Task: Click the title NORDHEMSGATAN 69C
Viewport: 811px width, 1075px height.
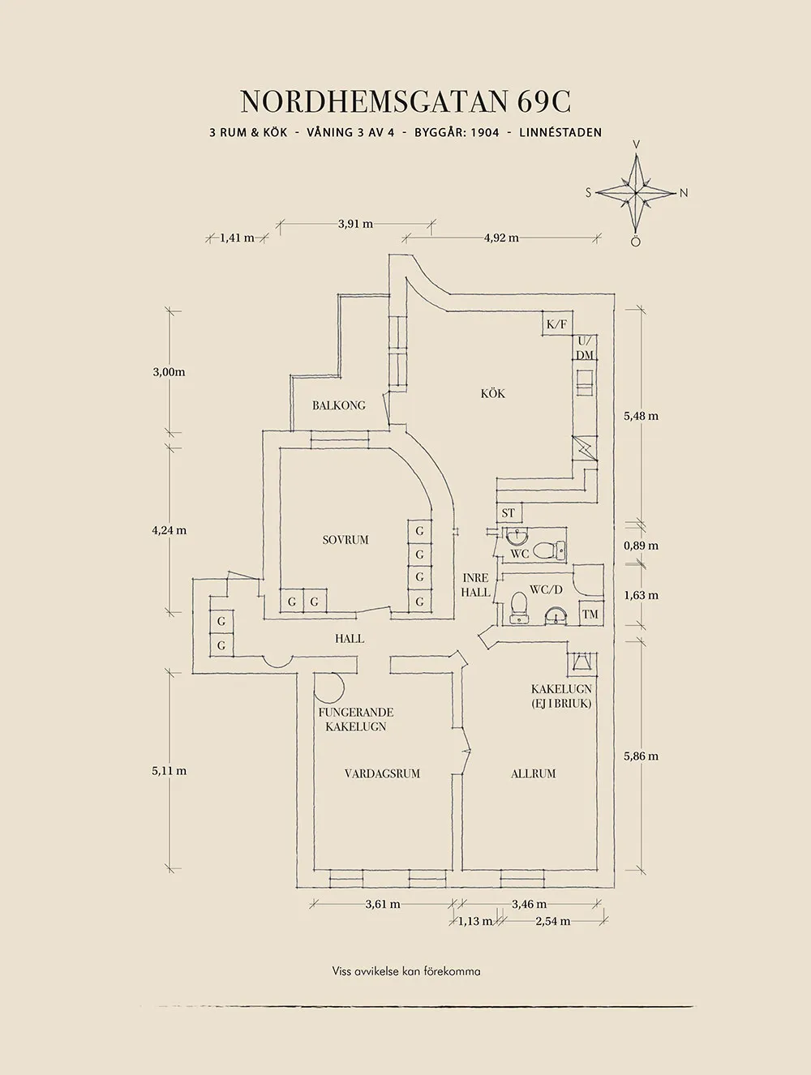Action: [x=405, y=101]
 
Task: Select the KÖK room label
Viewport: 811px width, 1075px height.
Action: [x=492, y=393]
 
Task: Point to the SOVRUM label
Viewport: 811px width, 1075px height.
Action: [x=345, y=539]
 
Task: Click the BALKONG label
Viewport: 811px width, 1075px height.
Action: [x=339, y=405]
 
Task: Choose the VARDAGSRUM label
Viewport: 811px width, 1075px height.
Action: [x=382, y=773]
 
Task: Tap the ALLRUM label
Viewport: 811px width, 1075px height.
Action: [x=534, y=773]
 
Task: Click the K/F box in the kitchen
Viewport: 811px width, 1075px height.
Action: [x=557, y=324]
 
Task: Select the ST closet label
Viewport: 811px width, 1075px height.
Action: [x=508, y=513]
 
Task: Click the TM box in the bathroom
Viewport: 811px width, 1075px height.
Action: [x=590, y=615]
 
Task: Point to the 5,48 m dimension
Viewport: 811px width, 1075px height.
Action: [x=641, y=416]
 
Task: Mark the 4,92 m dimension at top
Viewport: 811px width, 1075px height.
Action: [x=501, y=238]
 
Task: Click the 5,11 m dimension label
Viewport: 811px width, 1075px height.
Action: [x=169, y=771]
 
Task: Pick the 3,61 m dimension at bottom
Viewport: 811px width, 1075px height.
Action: [x=382, y=904]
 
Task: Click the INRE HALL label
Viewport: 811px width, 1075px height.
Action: [x=475, y=585]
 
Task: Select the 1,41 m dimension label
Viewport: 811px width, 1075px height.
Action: [x=237, y=238]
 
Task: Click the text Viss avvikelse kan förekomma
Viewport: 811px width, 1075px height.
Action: [x=405, y=971]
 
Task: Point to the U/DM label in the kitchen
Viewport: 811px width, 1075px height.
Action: [x=585, y=348]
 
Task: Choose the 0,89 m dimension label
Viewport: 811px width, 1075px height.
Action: [x=641, y=546]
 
